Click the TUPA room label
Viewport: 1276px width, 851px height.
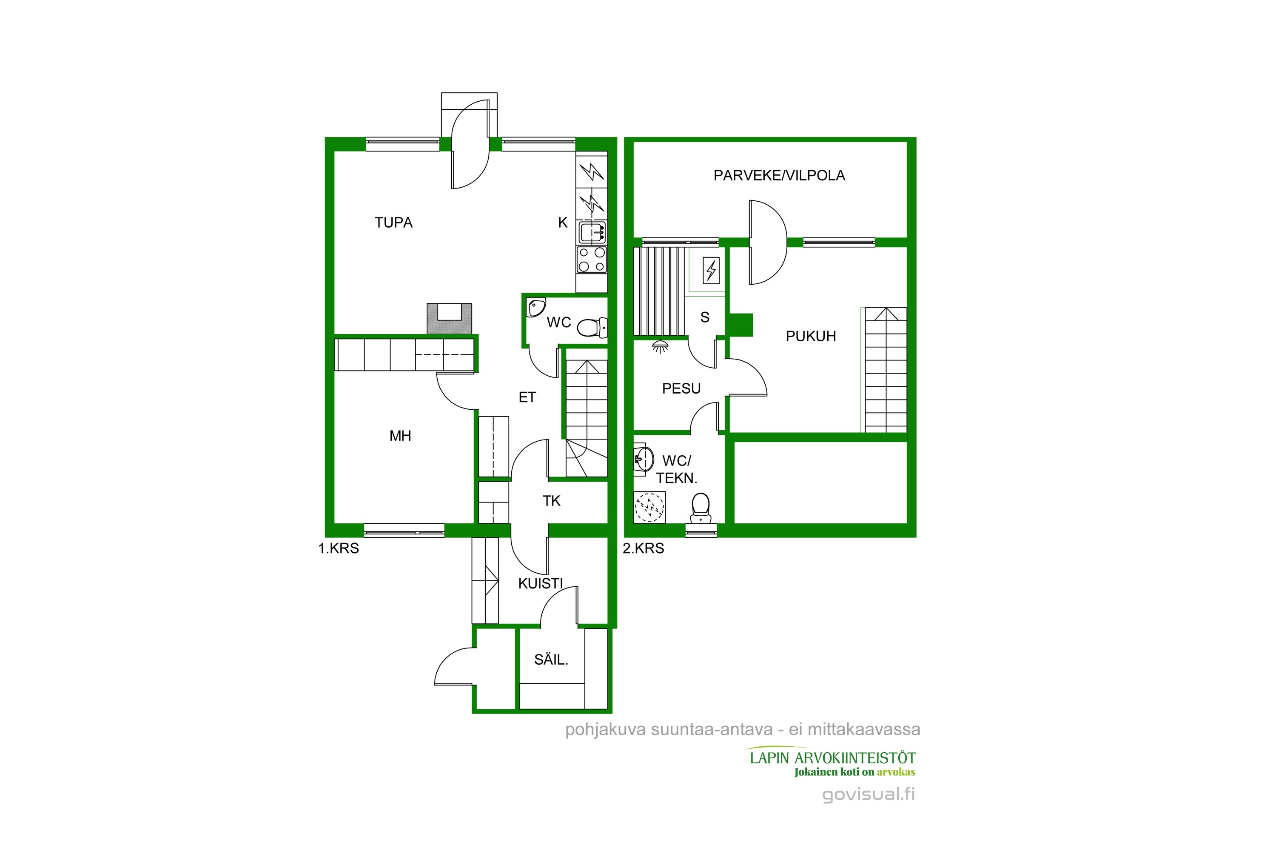[393, 223]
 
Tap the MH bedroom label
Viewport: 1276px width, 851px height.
[400, 436]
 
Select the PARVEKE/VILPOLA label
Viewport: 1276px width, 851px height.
[779, 175]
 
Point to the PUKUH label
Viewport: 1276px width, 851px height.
[811, 337]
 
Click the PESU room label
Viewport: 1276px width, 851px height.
[681, 388]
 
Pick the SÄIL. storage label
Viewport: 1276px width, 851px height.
[551, 660]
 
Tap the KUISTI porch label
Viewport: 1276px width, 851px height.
[540, 583]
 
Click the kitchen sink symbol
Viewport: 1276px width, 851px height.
[592, 232]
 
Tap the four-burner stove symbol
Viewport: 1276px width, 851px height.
[592, 260]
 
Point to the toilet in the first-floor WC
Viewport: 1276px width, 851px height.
[591, 328]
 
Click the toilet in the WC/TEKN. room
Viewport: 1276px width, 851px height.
[701, 506]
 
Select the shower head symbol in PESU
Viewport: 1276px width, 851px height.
[660, 346]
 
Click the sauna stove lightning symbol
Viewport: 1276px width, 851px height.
[711, 270]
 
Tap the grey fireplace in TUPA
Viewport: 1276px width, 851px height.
[449, 319]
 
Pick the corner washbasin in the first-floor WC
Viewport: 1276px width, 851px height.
[536, 307]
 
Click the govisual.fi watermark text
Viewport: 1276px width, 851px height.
[868, 794]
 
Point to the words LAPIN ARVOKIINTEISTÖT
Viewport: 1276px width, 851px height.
[833, 758]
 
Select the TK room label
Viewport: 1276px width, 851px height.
[551, 501]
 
